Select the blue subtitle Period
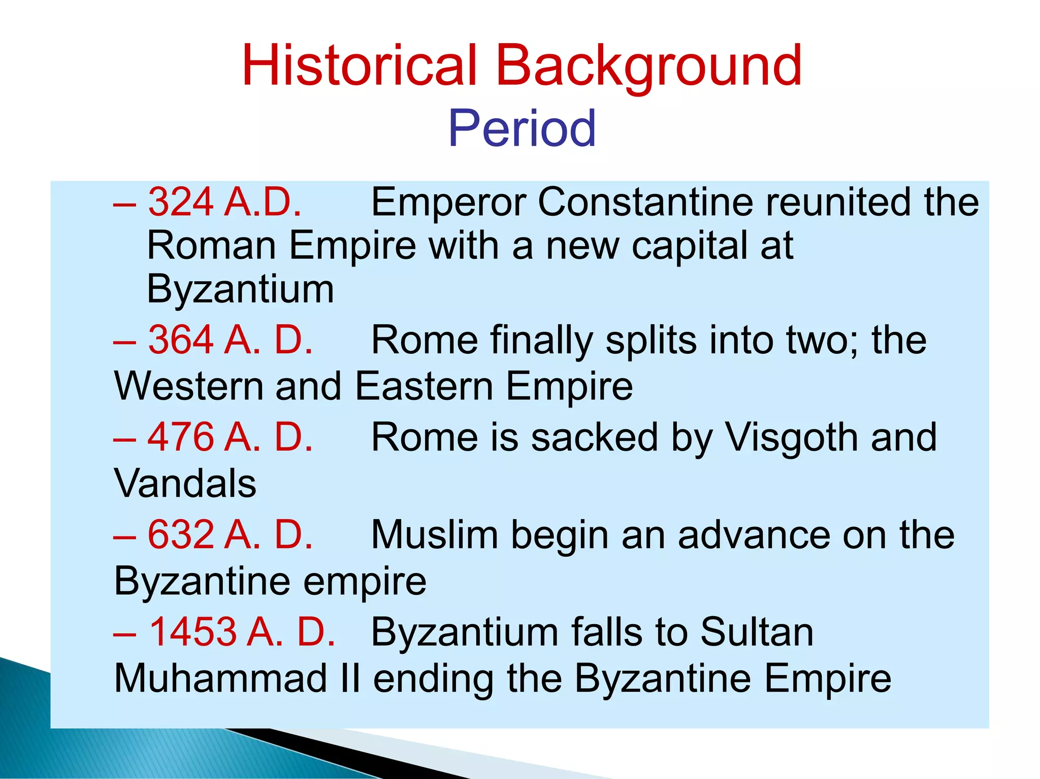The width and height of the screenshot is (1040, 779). click(x=522, y=129)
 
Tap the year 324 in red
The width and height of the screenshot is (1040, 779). click(x=181, y=202)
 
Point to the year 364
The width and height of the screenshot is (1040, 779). click(x=181, y=340)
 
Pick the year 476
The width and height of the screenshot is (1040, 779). click(x=181, y=437)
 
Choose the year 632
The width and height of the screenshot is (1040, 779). click(x=181, y=535)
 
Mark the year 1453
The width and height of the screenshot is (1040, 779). click(x=193, y=632)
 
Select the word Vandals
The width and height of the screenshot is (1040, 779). click(x=185, y=483)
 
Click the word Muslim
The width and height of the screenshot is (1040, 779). click(x=435, y=535)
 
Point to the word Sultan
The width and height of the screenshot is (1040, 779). click(x=757, y=632)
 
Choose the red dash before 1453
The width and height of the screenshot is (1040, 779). click(x=124, y=635)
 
